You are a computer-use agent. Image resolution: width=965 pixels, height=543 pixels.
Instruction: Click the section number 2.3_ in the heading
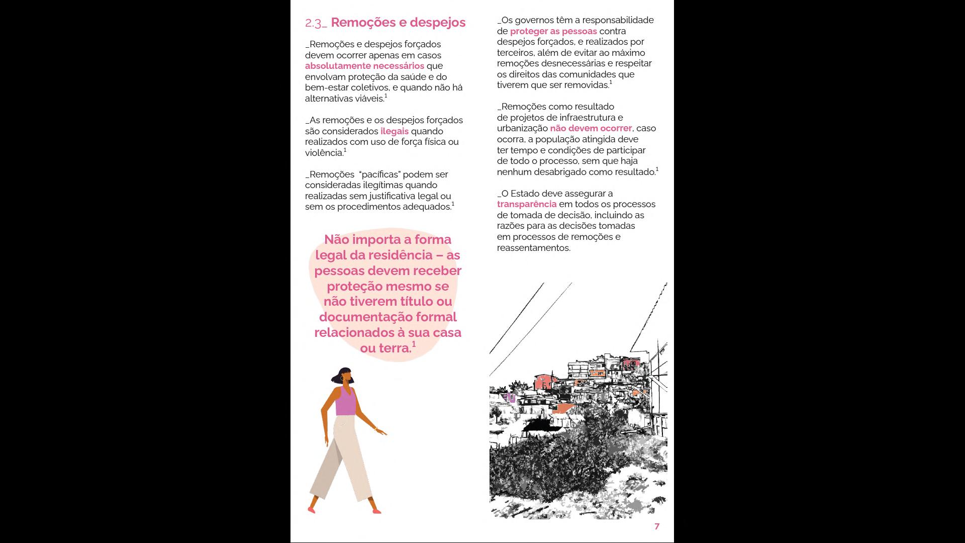[x=316, y=23]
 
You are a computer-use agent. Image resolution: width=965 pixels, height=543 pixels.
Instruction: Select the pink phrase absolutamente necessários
[x=364, y=66]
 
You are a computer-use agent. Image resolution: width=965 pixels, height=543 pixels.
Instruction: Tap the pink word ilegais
[x=395, y=131]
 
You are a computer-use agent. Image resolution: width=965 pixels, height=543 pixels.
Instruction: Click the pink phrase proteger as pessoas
[x=553, y=31]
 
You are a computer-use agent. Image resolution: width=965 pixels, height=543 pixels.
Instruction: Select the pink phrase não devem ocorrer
[x=591, y=128]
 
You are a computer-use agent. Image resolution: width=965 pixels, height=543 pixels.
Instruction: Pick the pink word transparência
[x=527, y=204]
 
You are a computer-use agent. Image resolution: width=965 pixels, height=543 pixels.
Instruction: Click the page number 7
[x=657, y=526]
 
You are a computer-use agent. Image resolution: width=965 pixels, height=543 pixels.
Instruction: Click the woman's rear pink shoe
[x=312, y=509]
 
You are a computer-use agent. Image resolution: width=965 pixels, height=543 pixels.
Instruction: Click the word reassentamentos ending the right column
[x=533, y=248]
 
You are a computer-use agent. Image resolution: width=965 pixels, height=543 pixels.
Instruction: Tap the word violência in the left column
[x=324, y=153]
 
